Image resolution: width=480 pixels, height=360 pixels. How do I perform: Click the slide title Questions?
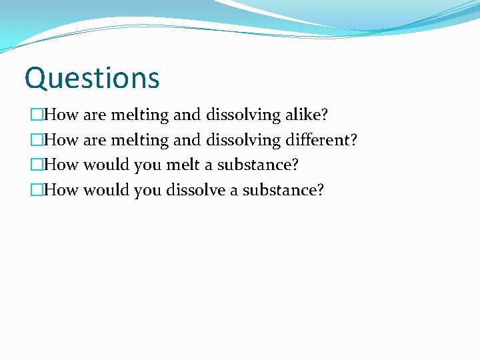tap(92, 78)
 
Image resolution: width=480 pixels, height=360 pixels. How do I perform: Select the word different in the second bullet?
tap(321, 140)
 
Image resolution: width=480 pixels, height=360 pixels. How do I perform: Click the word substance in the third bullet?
tap(258, 165)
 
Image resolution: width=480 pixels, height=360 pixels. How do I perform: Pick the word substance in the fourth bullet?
tap(283, 190)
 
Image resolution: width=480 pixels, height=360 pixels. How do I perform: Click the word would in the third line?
tap(107, 165)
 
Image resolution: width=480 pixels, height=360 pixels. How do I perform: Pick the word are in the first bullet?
tap(95, 115)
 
